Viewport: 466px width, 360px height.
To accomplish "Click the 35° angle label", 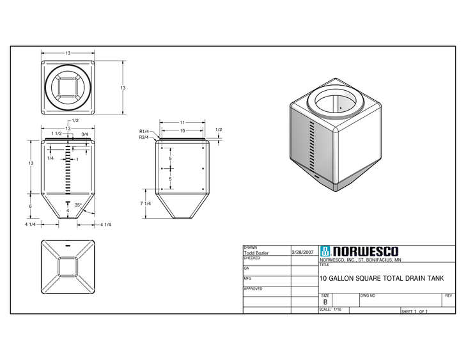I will (x=78, y=205).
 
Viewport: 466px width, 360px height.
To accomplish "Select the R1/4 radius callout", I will (x=144, y=132).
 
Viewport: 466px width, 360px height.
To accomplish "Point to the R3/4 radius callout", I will (x=144, y=137).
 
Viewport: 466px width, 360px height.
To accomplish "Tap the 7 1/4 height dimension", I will (x=145, y=203).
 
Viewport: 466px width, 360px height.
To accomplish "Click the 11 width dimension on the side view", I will (x=182, y=121).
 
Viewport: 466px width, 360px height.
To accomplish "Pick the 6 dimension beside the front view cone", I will (x=30, y=206).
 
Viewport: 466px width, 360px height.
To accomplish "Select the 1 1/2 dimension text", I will (x=56, y=134).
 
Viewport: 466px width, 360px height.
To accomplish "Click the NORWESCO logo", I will (x=359, y=251).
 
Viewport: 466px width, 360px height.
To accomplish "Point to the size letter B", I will (x=325, y=302).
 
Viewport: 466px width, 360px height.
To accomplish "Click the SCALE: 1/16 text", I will (x=330, y=309).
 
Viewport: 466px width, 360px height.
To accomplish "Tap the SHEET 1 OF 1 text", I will (x=414, y=311).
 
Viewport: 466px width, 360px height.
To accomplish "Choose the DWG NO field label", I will (x=368, y=295).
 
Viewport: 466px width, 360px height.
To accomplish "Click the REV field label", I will (x=448, y=295).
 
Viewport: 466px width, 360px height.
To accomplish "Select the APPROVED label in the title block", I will (x=253, y=288).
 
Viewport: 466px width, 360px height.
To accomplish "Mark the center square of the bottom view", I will (x=68, y=267).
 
